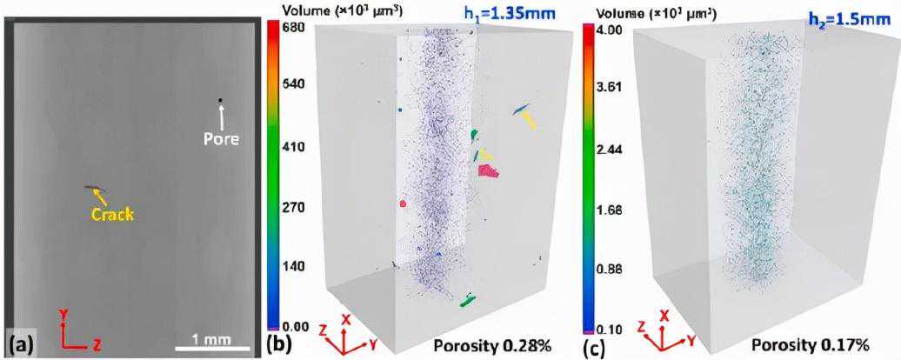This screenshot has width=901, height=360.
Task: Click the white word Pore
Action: pyautogui.click(x=220, y=138)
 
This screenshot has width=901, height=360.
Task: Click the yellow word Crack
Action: pyautogui.click(x=113, y=213)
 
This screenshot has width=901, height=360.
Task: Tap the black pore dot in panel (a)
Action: pyautogui.click(x=220, y=102)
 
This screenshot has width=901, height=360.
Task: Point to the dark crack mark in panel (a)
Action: pyautogui.click(x=92, y=189)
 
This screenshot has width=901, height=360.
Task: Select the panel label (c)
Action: pyautogui.click(x=591, y=345)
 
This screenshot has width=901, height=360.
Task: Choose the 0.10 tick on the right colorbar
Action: pyautogui.click(x=607, y=329)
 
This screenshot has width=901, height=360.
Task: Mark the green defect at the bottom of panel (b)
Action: pyautogui.click(x=468, y=302)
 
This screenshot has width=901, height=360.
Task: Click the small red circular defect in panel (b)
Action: pyautogui.click(x=404, y=203)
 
